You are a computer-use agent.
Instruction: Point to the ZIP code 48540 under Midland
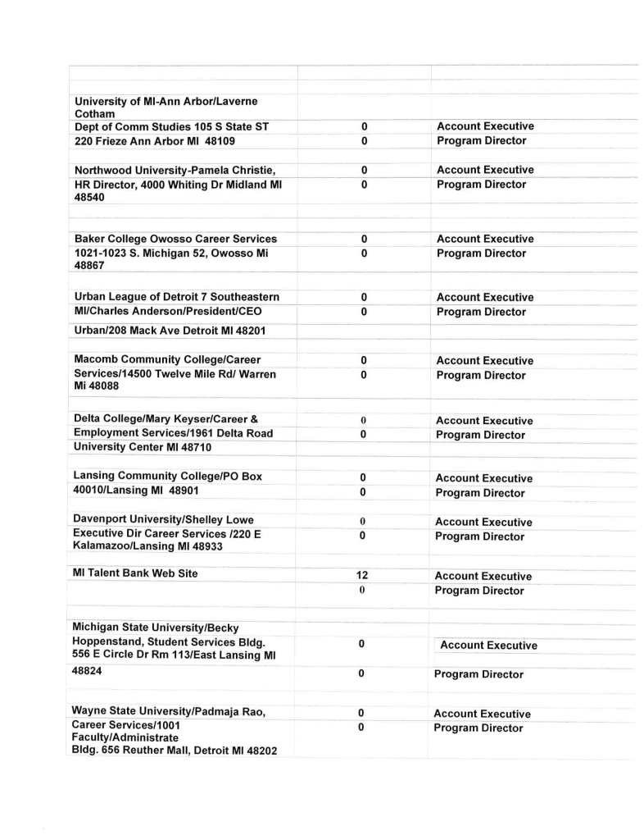coord(89,198)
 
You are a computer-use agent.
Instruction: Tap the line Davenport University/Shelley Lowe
coord(163,519)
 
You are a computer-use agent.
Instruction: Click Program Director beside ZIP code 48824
coord(479,674)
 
